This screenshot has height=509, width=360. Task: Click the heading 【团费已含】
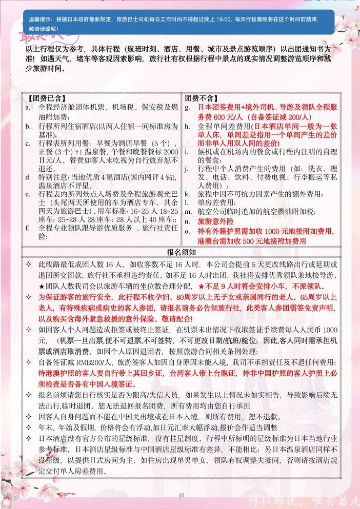(45, 98)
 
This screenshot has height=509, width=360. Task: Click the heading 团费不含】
(200, 98)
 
